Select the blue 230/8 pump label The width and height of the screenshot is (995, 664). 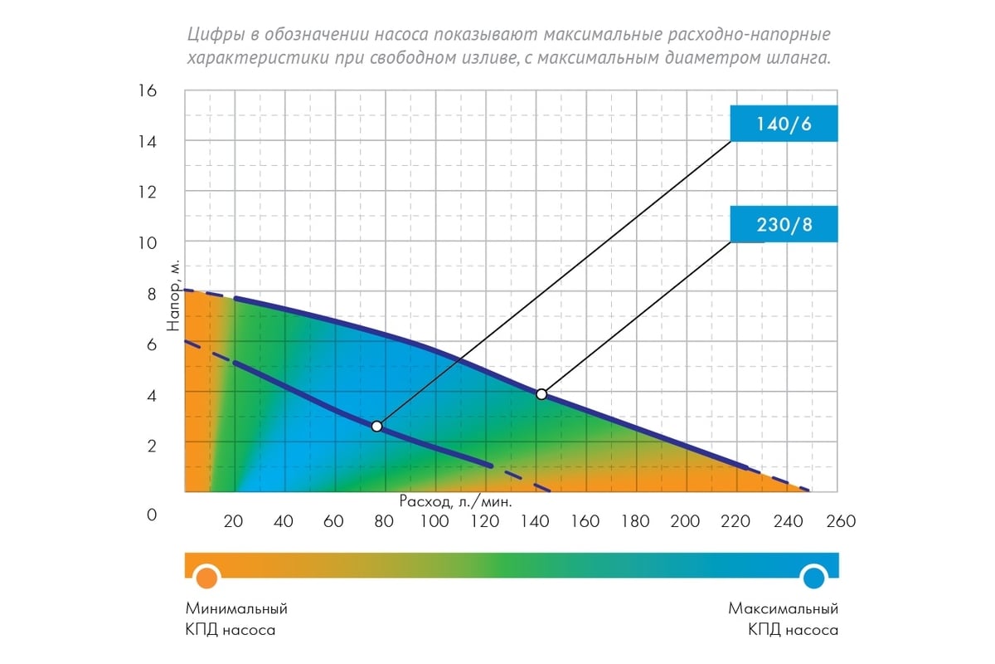(784, 225)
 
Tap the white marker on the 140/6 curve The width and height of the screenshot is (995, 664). (377, 426)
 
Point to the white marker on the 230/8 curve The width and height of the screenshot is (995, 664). (541, 394)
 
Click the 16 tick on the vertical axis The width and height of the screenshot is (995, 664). (146, 90)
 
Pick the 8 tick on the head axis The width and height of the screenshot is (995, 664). (151, 294)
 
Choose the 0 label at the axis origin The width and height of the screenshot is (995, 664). (151, 515)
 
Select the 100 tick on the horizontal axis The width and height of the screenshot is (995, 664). (435, 521)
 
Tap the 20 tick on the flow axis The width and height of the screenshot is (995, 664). (234, 521)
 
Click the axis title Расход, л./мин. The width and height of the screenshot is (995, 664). (455, 501)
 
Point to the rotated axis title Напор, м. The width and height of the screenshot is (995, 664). (173, 295)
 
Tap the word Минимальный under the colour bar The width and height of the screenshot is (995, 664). (237, 608)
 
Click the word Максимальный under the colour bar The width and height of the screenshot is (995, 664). (784, 608)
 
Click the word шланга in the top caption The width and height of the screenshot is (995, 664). (798, 59)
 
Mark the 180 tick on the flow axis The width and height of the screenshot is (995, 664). (635, 521)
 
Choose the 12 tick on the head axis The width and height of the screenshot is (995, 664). (146, 192)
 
